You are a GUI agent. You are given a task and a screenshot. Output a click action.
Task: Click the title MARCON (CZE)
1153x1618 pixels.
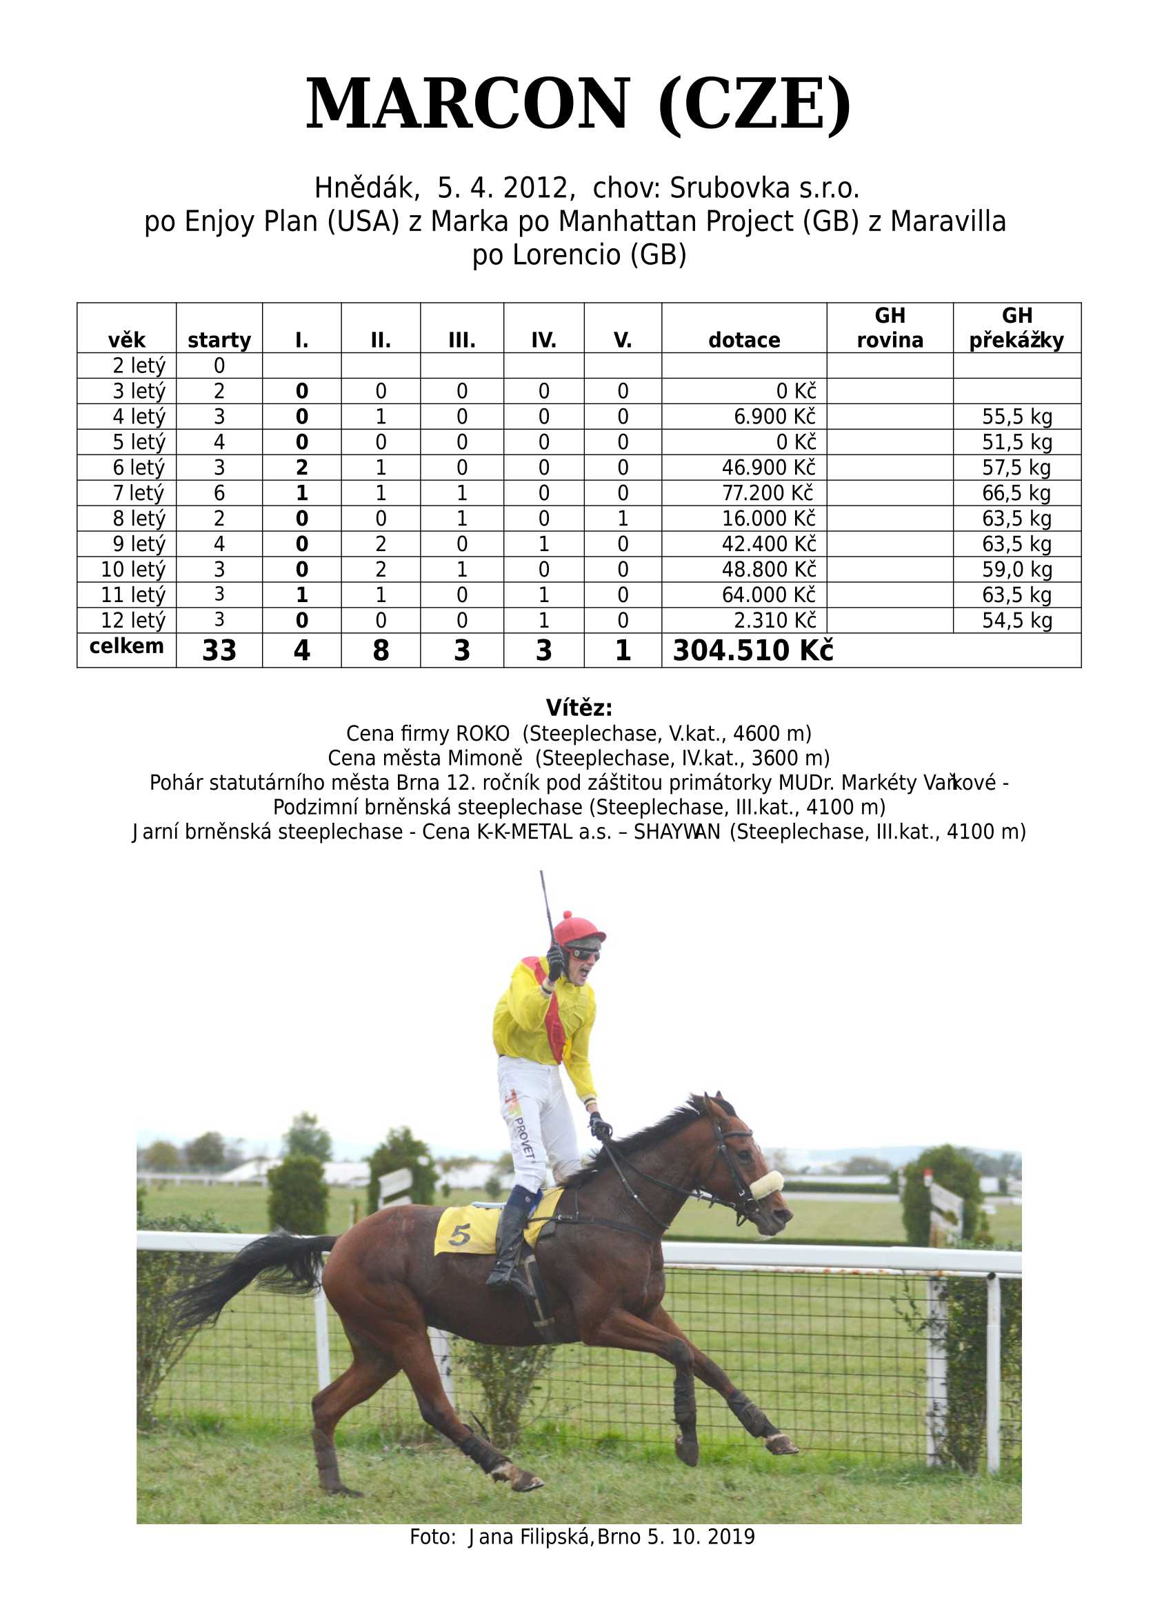pos(578,104)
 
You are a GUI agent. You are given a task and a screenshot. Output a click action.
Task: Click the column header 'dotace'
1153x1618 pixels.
pos(743,340)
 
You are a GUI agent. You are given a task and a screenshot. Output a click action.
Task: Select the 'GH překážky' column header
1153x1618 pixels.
pos(1016,328)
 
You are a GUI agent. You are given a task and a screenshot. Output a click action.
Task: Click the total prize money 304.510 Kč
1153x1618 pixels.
pos(752,650)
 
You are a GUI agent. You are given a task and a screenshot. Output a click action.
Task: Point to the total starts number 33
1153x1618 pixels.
pos(219,650)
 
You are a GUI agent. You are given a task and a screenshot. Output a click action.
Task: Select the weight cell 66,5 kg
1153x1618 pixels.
pos(1016,492)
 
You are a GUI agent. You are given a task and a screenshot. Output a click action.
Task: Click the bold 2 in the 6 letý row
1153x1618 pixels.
pos(302,467)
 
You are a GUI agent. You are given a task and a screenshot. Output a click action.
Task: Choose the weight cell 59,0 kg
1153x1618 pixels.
pos(1016,570)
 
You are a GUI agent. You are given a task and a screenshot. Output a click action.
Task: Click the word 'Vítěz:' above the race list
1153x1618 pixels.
pos(579,708)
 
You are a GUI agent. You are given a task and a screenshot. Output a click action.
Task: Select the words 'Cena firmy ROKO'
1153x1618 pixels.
pos(428,732)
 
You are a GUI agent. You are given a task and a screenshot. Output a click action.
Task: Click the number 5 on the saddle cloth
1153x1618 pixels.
pos(459,1236)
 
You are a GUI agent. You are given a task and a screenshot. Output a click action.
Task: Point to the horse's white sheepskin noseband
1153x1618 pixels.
pos(766,1184)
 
